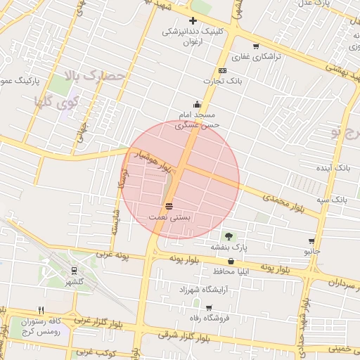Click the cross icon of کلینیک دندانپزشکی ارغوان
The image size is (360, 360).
[193, 21]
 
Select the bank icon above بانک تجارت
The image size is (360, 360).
[222, 71]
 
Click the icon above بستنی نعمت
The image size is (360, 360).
[169, 206]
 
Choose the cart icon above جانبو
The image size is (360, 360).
[311, 240]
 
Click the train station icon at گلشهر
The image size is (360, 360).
[74, 271]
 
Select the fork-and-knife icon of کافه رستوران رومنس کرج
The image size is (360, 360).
[41, 310]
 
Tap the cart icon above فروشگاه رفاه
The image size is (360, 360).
[209, 307]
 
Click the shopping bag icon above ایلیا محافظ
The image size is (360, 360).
[231, 261]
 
